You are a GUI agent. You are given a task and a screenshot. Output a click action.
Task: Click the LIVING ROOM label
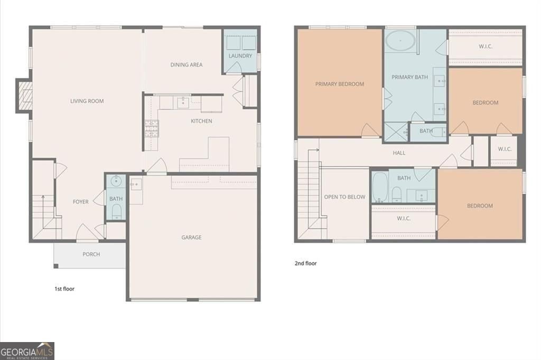pos(87,101)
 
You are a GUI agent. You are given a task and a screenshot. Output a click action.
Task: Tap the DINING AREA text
pos(186,64)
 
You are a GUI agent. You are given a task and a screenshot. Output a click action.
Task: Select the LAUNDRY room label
pos(240,55)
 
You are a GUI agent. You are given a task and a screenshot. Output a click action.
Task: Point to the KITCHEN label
pos(201,121)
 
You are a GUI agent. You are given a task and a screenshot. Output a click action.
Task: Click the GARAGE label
pos(191,237)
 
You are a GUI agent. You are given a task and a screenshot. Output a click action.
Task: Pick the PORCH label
pos(91,254)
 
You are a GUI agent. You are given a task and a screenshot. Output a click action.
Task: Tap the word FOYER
pos(81,202)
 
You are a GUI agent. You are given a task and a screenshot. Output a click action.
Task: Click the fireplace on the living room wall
pos(24,96)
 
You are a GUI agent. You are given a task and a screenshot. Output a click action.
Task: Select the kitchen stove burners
pos(152,129)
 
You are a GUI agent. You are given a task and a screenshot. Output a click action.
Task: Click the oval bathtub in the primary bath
pos(400,41)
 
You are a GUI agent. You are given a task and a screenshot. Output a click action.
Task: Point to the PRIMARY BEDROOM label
pos(340,84)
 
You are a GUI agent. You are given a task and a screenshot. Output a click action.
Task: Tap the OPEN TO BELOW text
pos(344,197)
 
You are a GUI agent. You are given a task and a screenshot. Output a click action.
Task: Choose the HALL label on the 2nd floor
pos(399,153)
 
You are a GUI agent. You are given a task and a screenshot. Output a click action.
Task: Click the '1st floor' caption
pos(64,289)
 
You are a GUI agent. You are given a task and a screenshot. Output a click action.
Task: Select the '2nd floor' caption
pos(306,263)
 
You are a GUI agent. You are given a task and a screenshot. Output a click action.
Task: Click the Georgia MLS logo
pos(27,351)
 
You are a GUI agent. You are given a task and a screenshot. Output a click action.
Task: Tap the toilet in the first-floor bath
pos(117,211)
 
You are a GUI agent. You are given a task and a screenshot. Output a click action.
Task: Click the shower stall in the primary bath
pos(396,132)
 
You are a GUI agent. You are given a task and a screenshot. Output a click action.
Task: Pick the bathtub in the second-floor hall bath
pos(380,187)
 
